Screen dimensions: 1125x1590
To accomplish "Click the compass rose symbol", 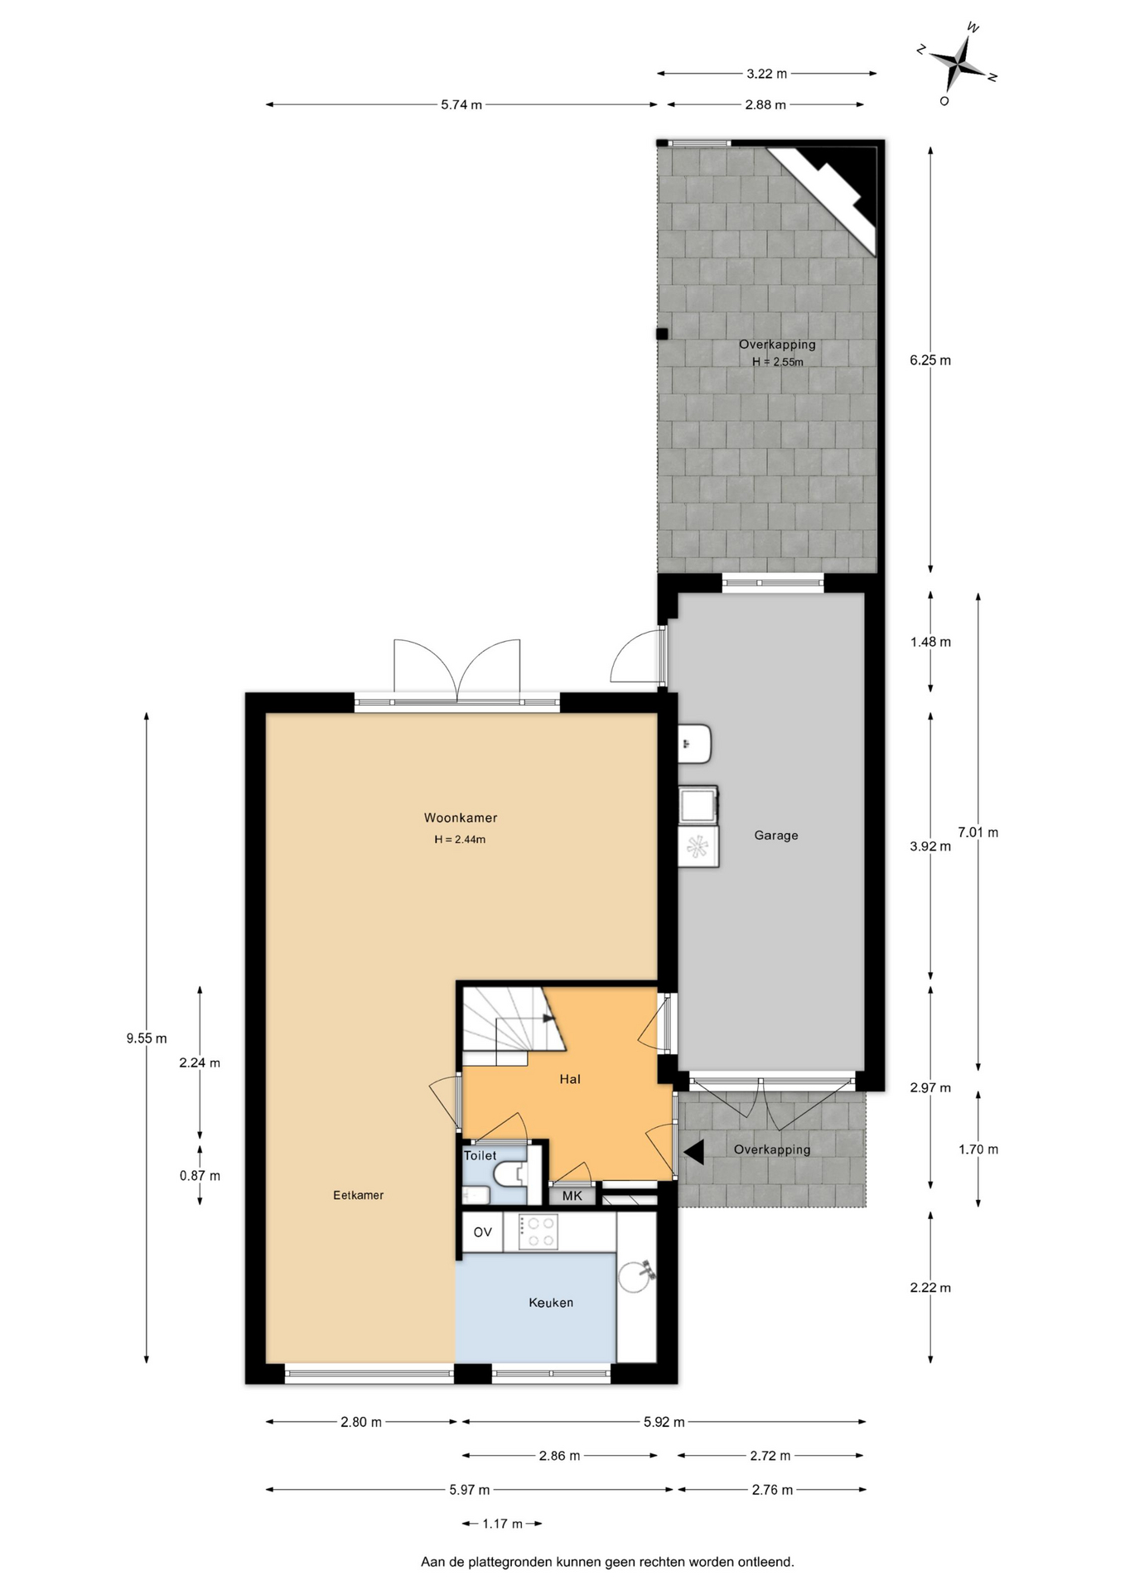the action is [x=958, y=63].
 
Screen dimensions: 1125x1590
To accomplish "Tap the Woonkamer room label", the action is [x=461, y=817].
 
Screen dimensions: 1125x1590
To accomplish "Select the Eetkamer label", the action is [x=358, y=1195].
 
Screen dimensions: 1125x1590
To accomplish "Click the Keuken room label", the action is [x=551, y=1303].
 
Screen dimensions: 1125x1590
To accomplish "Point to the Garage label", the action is [x=776, y=836].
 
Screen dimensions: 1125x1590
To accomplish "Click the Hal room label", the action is [x=570, y=1079].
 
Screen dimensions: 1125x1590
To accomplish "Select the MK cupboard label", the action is [x=572, y=1196].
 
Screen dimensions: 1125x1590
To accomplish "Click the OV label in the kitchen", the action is [x=482, y=1232].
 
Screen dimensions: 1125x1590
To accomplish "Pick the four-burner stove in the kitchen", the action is [x=538, y=1231].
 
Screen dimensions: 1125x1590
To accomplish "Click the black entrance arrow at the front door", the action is [x=693, y=1151].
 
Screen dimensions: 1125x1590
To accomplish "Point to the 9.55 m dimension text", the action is [x=147, y=1038].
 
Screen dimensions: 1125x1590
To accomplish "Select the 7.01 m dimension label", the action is [x=978, y=832].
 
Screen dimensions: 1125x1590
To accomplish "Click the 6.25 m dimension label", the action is [x=930, y=360].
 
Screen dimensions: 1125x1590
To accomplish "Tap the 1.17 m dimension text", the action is [x=503, y=1524].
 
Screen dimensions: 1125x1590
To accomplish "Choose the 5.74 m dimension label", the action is [x=461, y=105].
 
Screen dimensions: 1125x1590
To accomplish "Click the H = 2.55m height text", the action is [x=778, y=362].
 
